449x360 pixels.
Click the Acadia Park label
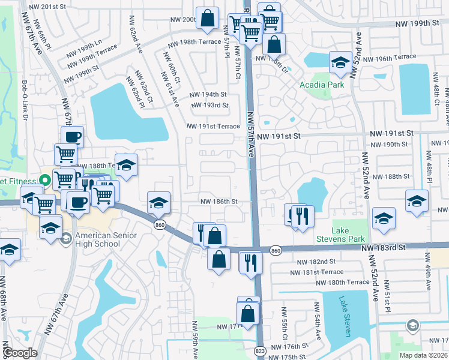[x=322, y=85]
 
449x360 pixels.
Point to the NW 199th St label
[x=418, y=23]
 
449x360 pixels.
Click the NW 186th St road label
[x=219, y=202]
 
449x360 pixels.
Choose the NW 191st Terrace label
[x=213, y=127]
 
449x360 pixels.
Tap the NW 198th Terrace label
[x=194, y=43]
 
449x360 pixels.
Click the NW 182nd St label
[x=316, y=262]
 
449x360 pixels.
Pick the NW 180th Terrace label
[x=342, y=282]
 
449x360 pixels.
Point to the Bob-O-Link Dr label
[x=25, y=100]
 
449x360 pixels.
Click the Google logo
[x=20, y=353]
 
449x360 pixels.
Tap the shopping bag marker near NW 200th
[x=208, y=19]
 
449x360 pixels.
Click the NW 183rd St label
[x=384, y=247]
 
